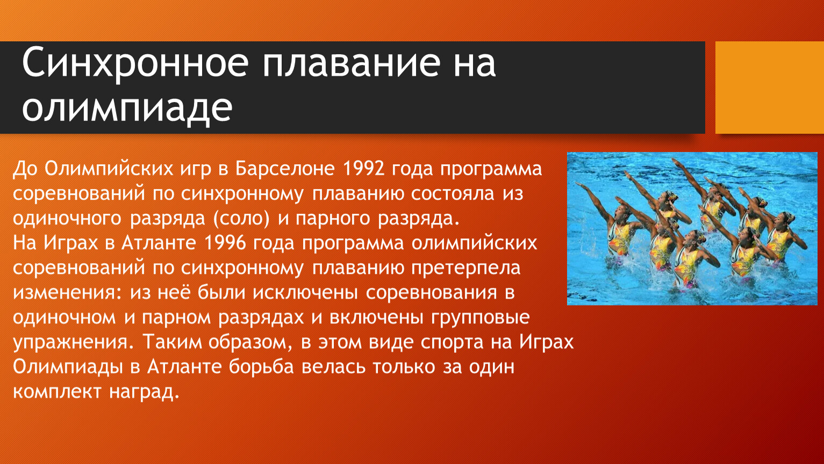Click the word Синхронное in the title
[x=135, y=63]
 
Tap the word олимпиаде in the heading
[x=127, y=108]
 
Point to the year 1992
[x=363, y=169]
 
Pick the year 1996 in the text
[x=225, y=243]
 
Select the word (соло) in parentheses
[x=241, y=219]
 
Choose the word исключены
[x=305, y=293]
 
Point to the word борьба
[x=261, y=367]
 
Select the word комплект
[x=57, y=392]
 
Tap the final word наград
[x=144, y=392]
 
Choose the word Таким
[x=172, y=342]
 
